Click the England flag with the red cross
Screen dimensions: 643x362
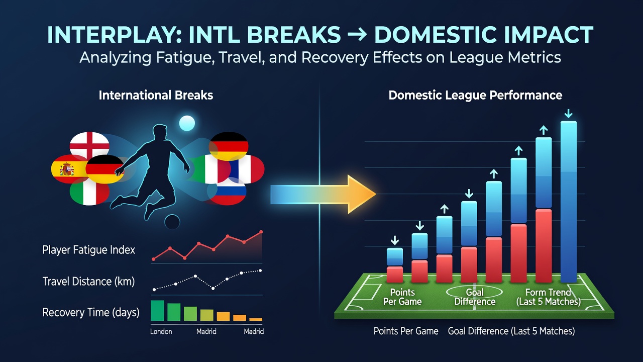pos(89,145)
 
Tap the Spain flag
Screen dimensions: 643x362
pos(69,169)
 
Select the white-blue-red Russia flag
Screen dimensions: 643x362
pos(228,192)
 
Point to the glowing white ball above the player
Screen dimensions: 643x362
pos(187,123)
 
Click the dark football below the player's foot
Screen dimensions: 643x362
pos(172,222)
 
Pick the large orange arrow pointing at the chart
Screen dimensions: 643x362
pos(323,194)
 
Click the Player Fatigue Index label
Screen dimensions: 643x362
pos(89,250)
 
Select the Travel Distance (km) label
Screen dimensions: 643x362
pos(89,281)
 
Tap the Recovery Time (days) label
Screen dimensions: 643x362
pos(91,312)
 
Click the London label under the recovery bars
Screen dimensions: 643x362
pos(161,331)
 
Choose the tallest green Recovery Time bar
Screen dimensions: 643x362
pos(157,311)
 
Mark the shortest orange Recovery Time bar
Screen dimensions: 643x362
pos(256,319)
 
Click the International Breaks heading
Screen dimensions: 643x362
pos(156,96)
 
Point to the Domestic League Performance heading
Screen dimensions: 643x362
pos(475,96)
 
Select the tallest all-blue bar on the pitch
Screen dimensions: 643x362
pos(569,202)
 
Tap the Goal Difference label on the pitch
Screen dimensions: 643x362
pos(475,297)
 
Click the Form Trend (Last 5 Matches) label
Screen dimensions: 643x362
pos(548,297)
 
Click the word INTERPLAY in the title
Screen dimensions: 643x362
pos(114,35)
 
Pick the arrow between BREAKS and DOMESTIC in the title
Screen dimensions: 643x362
pos(357,35)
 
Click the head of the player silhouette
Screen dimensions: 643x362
pos(160,133)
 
